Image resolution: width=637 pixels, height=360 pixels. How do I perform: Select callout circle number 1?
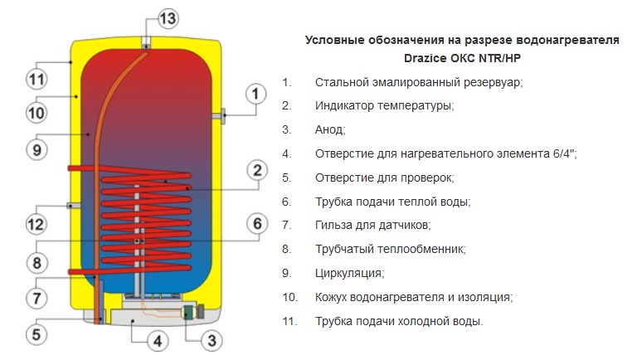[x=256, y=95]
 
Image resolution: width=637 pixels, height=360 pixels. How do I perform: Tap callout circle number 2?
[x=257, y=171]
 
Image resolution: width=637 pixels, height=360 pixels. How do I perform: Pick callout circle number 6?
[x=257, y=223]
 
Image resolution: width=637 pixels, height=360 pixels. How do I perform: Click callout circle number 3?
[x=212, y=338]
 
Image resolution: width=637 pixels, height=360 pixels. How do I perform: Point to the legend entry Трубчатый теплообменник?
[x=390, y=249]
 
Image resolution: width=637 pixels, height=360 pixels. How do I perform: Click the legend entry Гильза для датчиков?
[x=372, y=225]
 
